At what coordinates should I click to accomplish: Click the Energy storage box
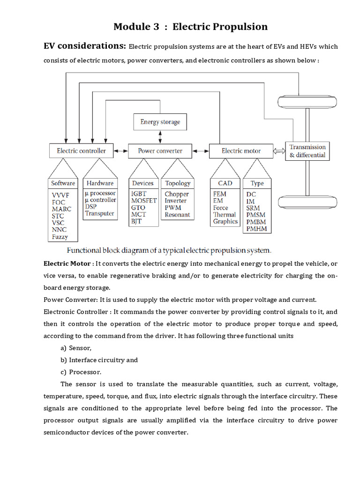pos(160,122)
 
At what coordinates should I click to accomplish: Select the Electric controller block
pos(81,151)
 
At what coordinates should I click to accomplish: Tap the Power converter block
pos(160,151)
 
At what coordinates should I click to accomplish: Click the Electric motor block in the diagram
pos(241,151)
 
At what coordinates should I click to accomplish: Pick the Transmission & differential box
pos(307,151)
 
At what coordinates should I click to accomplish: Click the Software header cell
pos(63,183)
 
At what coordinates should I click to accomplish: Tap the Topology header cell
pos(178,183)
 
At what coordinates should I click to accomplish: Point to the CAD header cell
pos(225,183)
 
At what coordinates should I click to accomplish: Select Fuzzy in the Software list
pos(60,237)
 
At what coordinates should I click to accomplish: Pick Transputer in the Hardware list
pos(100,213)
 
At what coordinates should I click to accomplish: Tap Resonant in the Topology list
pos(177,215)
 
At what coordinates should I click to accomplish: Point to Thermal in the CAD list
pos(225,215)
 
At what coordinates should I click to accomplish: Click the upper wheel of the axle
pos(307,102)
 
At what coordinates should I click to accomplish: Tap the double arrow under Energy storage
pos(160,136)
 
